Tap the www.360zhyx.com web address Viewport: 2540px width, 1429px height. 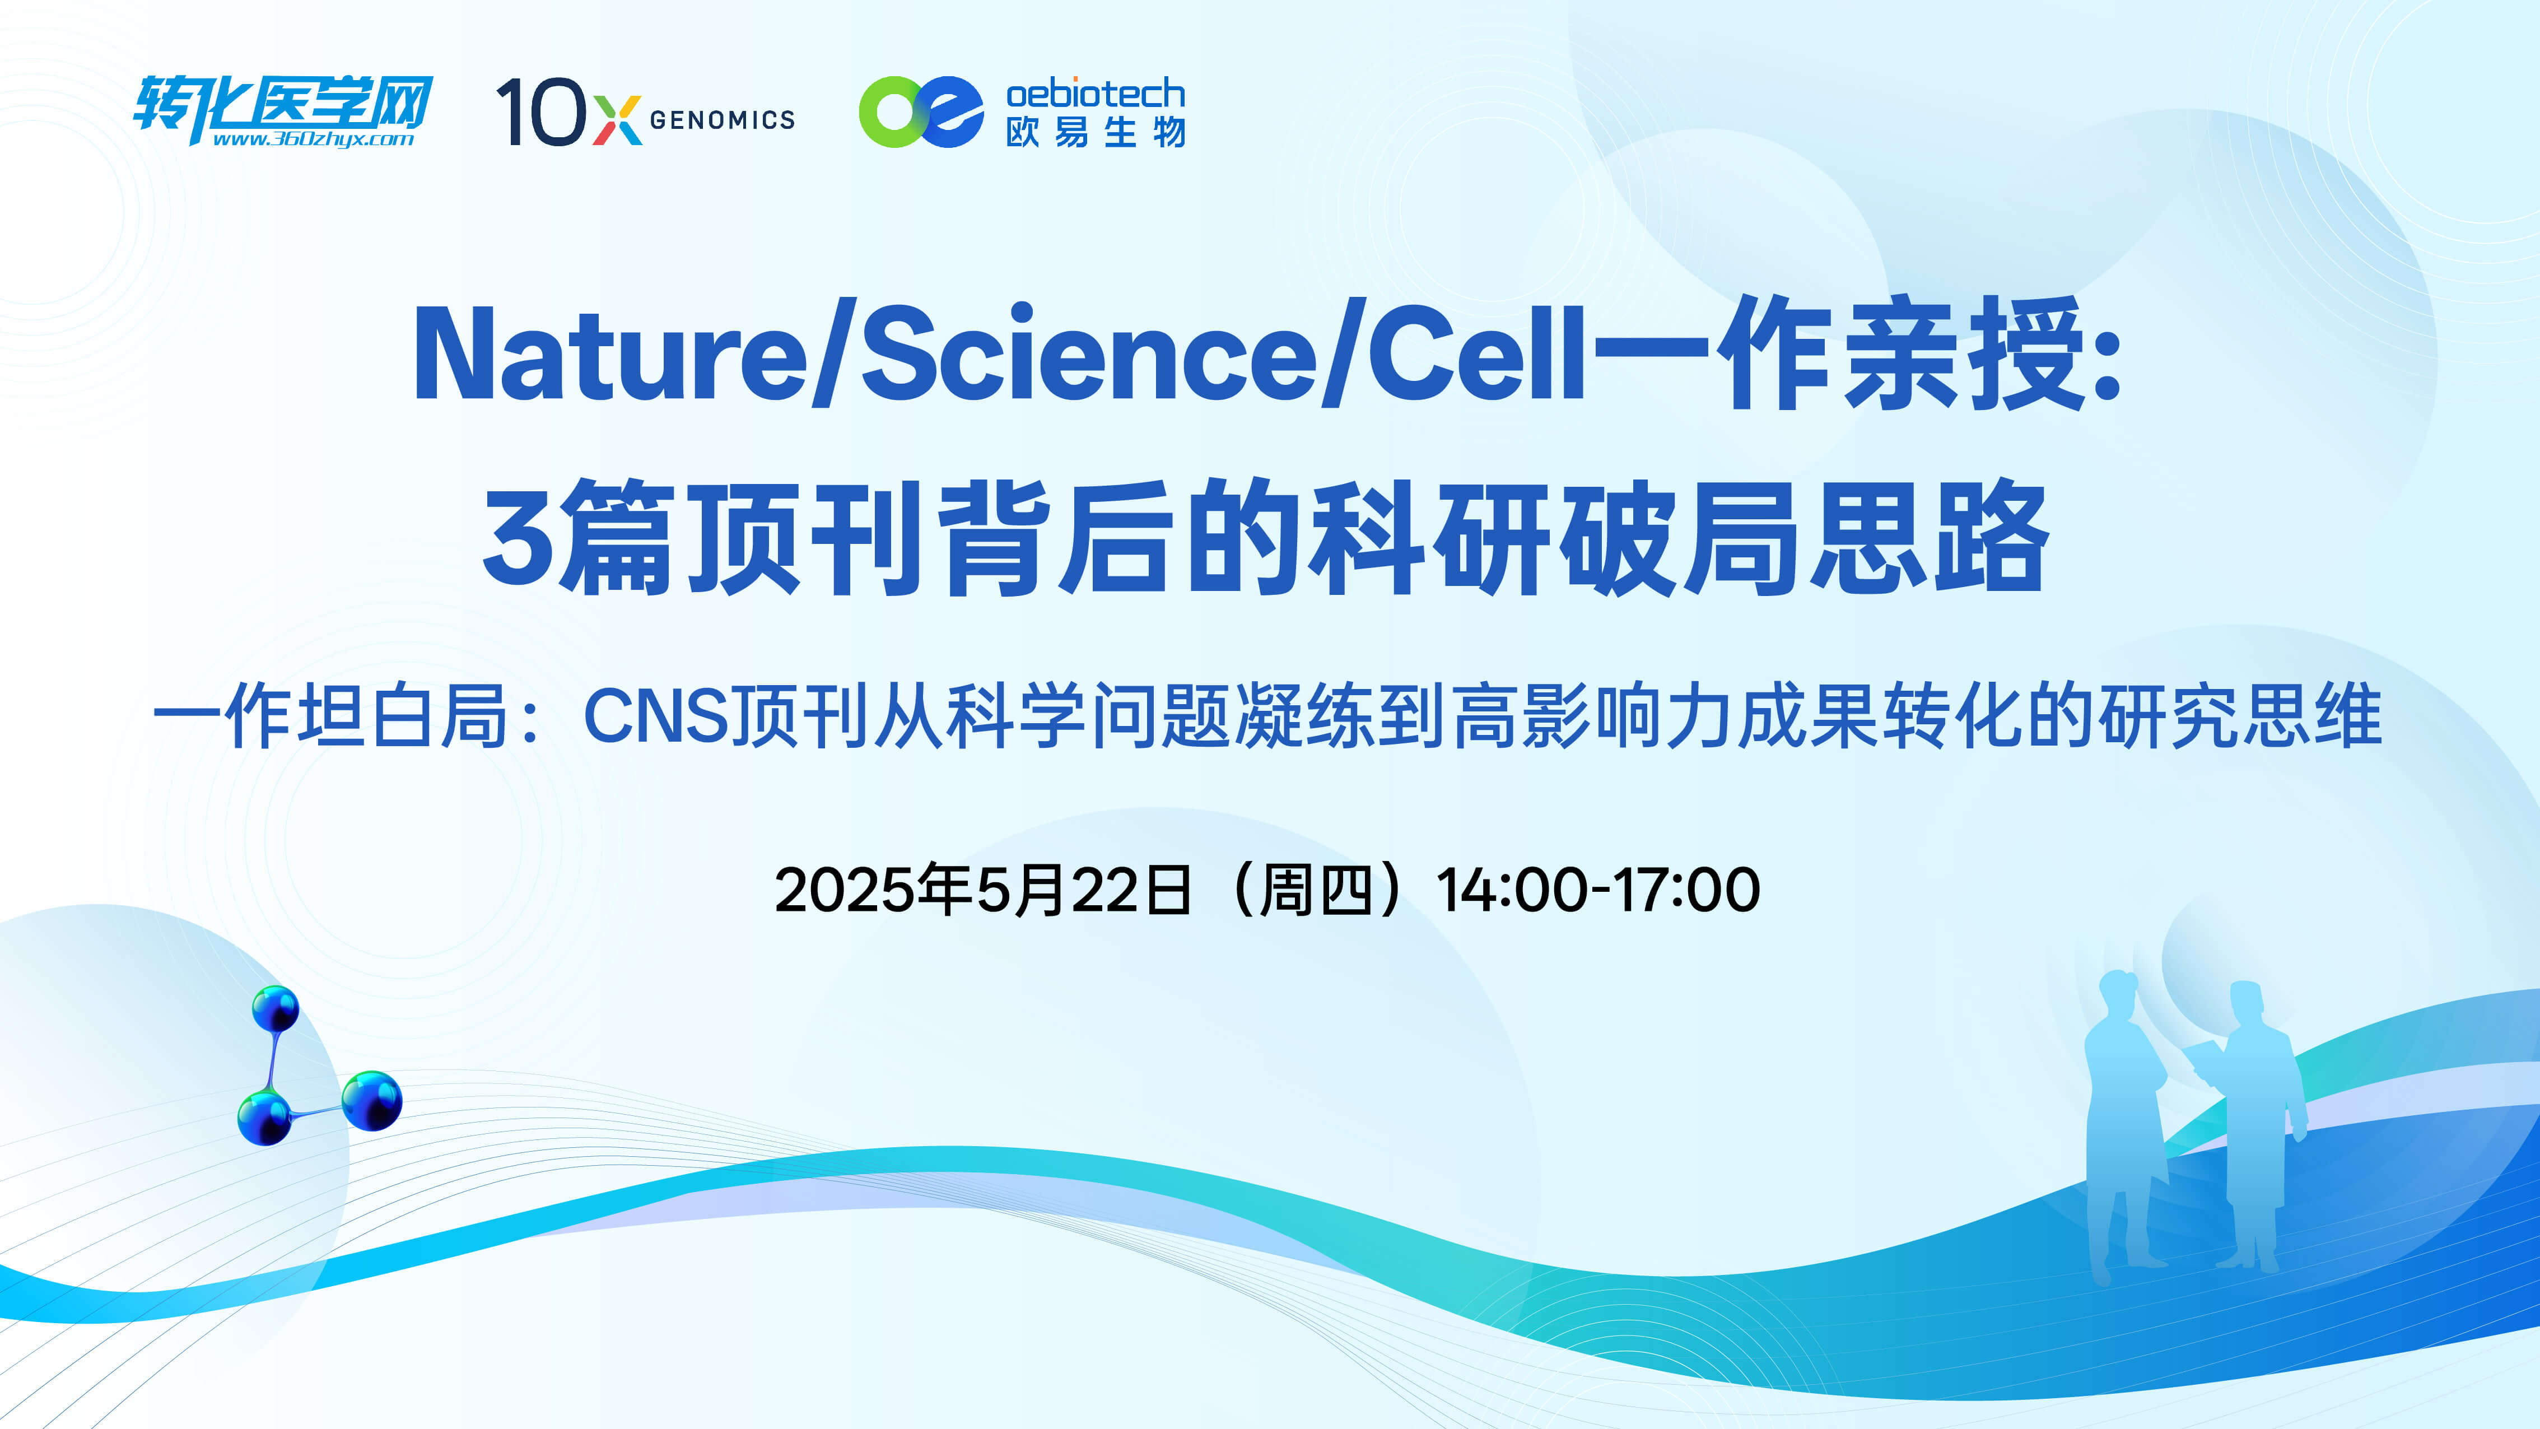[314, 139]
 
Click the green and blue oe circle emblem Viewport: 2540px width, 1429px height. [921, 111]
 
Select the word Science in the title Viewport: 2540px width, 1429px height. [1089, 355]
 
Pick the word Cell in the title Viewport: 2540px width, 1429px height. [1476, 355]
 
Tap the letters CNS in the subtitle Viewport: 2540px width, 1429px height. [656, 716]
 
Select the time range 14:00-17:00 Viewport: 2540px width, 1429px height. [1597, 890]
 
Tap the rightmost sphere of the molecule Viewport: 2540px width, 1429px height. [372, 1100]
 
